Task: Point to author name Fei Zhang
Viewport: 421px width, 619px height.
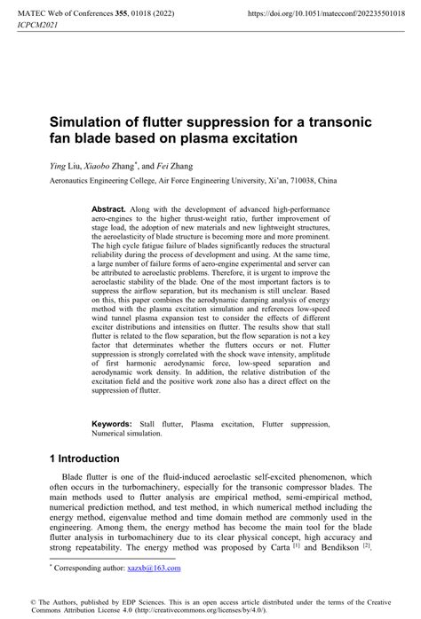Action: (177, 165)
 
